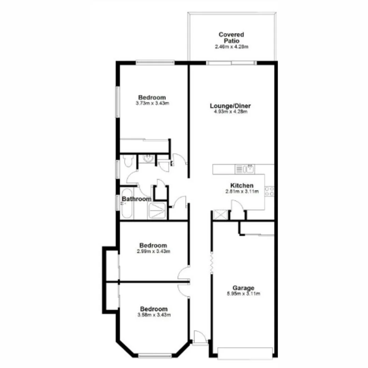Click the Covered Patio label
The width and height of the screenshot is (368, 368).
[231, 37]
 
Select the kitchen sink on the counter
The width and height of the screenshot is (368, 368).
[249, 169]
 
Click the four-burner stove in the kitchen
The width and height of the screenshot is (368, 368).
[269, 191]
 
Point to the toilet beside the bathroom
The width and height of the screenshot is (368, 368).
[127, 161]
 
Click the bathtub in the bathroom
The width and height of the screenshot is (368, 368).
[126, 203]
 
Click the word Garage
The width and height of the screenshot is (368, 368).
[243, 288]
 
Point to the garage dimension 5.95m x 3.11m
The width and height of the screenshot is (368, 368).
[243, 294]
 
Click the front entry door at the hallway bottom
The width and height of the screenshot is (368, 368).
[199, 338]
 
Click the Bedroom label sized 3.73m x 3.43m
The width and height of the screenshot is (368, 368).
[152, 97]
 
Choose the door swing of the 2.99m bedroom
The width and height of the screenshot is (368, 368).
[183, 273]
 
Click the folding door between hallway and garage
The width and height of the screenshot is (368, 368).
[211, 262]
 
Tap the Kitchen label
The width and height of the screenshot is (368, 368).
[242, 186]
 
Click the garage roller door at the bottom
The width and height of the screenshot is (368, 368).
[245, 353]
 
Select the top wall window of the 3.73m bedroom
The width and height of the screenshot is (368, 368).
[155, 63]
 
